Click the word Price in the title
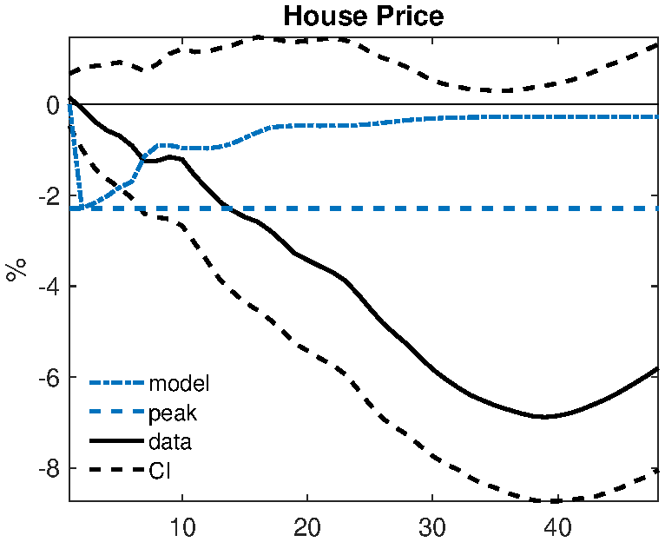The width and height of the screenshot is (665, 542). coord(406,16)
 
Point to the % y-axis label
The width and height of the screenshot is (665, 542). coord(15,268)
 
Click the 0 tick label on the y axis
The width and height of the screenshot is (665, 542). coord(53,105)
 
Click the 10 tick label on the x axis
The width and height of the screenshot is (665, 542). coord(182,526)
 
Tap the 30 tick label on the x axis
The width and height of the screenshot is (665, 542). coord(431,526)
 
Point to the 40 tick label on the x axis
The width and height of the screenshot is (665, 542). coord(556,526)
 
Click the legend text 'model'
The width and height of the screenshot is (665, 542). coord(180,382)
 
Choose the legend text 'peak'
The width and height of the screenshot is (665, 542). coord(174,413)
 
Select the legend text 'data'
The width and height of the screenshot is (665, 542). coord(170,441)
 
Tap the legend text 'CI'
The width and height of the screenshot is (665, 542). coord(160,471)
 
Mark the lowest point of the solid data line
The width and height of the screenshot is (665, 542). coord(544,417)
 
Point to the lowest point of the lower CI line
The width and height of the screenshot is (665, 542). coord(550,501)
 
